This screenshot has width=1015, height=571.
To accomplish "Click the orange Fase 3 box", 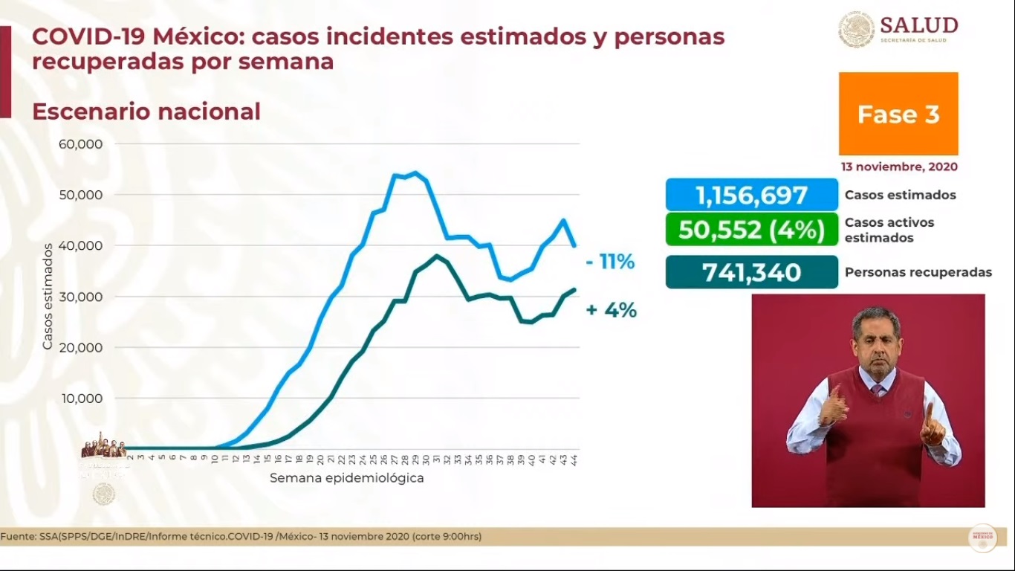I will tap(898, 114).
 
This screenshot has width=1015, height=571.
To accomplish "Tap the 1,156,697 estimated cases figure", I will tap(751, 196).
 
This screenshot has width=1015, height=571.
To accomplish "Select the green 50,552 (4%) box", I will tap(751, 230).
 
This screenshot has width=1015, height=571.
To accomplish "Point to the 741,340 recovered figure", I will tap(751, 272).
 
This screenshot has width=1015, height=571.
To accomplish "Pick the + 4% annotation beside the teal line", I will tap(611, 310).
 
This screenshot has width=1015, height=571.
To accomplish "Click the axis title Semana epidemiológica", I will tap(346, 478).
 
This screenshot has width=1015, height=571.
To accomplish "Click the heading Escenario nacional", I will tap(146, 112).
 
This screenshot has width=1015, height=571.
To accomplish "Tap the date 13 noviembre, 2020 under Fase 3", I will tap(898, 167).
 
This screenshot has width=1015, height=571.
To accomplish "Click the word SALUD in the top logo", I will tap(918, 25).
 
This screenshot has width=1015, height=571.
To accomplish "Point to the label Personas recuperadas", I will tap(918, 272).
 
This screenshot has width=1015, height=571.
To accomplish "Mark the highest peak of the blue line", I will tap(415, 173).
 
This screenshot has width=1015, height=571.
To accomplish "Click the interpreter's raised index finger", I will tap(928, 411).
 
